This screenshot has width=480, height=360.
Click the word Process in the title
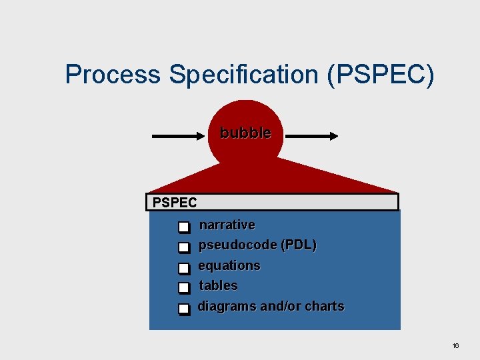click(x=113, y=75)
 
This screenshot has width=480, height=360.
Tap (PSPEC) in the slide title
click(x=381, y=75)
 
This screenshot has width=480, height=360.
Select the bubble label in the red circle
click(x=245, y=133)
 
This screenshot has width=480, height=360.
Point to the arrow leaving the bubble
click(x=312, y=136)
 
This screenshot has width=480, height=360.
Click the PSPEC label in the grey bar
click(x=175, y=202)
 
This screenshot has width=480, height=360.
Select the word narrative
click(x=227, y=225)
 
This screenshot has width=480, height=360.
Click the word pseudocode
click(x=237, y=245)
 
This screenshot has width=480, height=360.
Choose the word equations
click(x=229, y=265)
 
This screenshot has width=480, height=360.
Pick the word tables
click(x=218, y=285)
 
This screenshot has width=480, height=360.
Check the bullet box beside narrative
click(x=184, y=228)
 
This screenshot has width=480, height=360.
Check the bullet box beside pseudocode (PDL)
click(x=184, y=249)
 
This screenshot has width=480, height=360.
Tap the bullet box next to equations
click(x=184, y=269)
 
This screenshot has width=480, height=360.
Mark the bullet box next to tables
click(x=184, y=289)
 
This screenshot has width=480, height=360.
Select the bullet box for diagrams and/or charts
click(x=184, y=309)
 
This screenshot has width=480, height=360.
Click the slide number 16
click(x=455, y=346)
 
